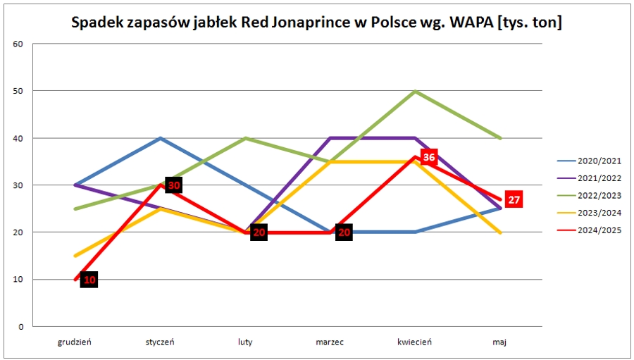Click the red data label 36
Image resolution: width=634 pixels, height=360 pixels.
pyautogui.click(x=428, y=157)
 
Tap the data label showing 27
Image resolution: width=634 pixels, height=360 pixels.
pyautogui.click(x=514, y=200)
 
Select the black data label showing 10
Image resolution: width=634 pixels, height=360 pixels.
pyautogui.click(x=89, y=280)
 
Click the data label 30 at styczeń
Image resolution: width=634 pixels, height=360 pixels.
pyautogui.click(x=174, y=185)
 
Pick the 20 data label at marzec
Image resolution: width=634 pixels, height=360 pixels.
pyautogui.click(x=344, y=232)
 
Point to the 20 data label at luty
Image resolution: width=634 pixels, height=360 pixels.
pyautogui.click(x=259, y=232)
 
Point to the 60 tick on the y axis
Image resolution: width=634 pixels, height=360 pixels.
pyautogui.click(x=19, y=44)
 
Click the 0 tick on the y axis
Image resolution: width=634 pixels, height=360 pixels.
pyautogui.click(x=21, y=327)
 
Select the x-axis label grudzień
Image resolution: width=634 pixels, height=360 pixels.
pyautogui.click(x=75, y=342)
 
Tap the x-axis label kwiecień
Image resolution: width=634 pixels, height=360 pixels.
pyautogui.click(x=414, y=342)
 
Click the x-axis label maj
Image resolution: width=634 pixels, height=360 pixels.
pyautogui.click(x=499, y=342)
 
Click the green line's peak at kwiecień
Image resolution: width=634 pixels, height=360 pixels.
pyautogui.click(x=416, y=91)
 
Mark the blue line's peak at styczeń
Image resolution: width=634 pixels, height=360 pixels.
pyautogui.click(x=161, y=138)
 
